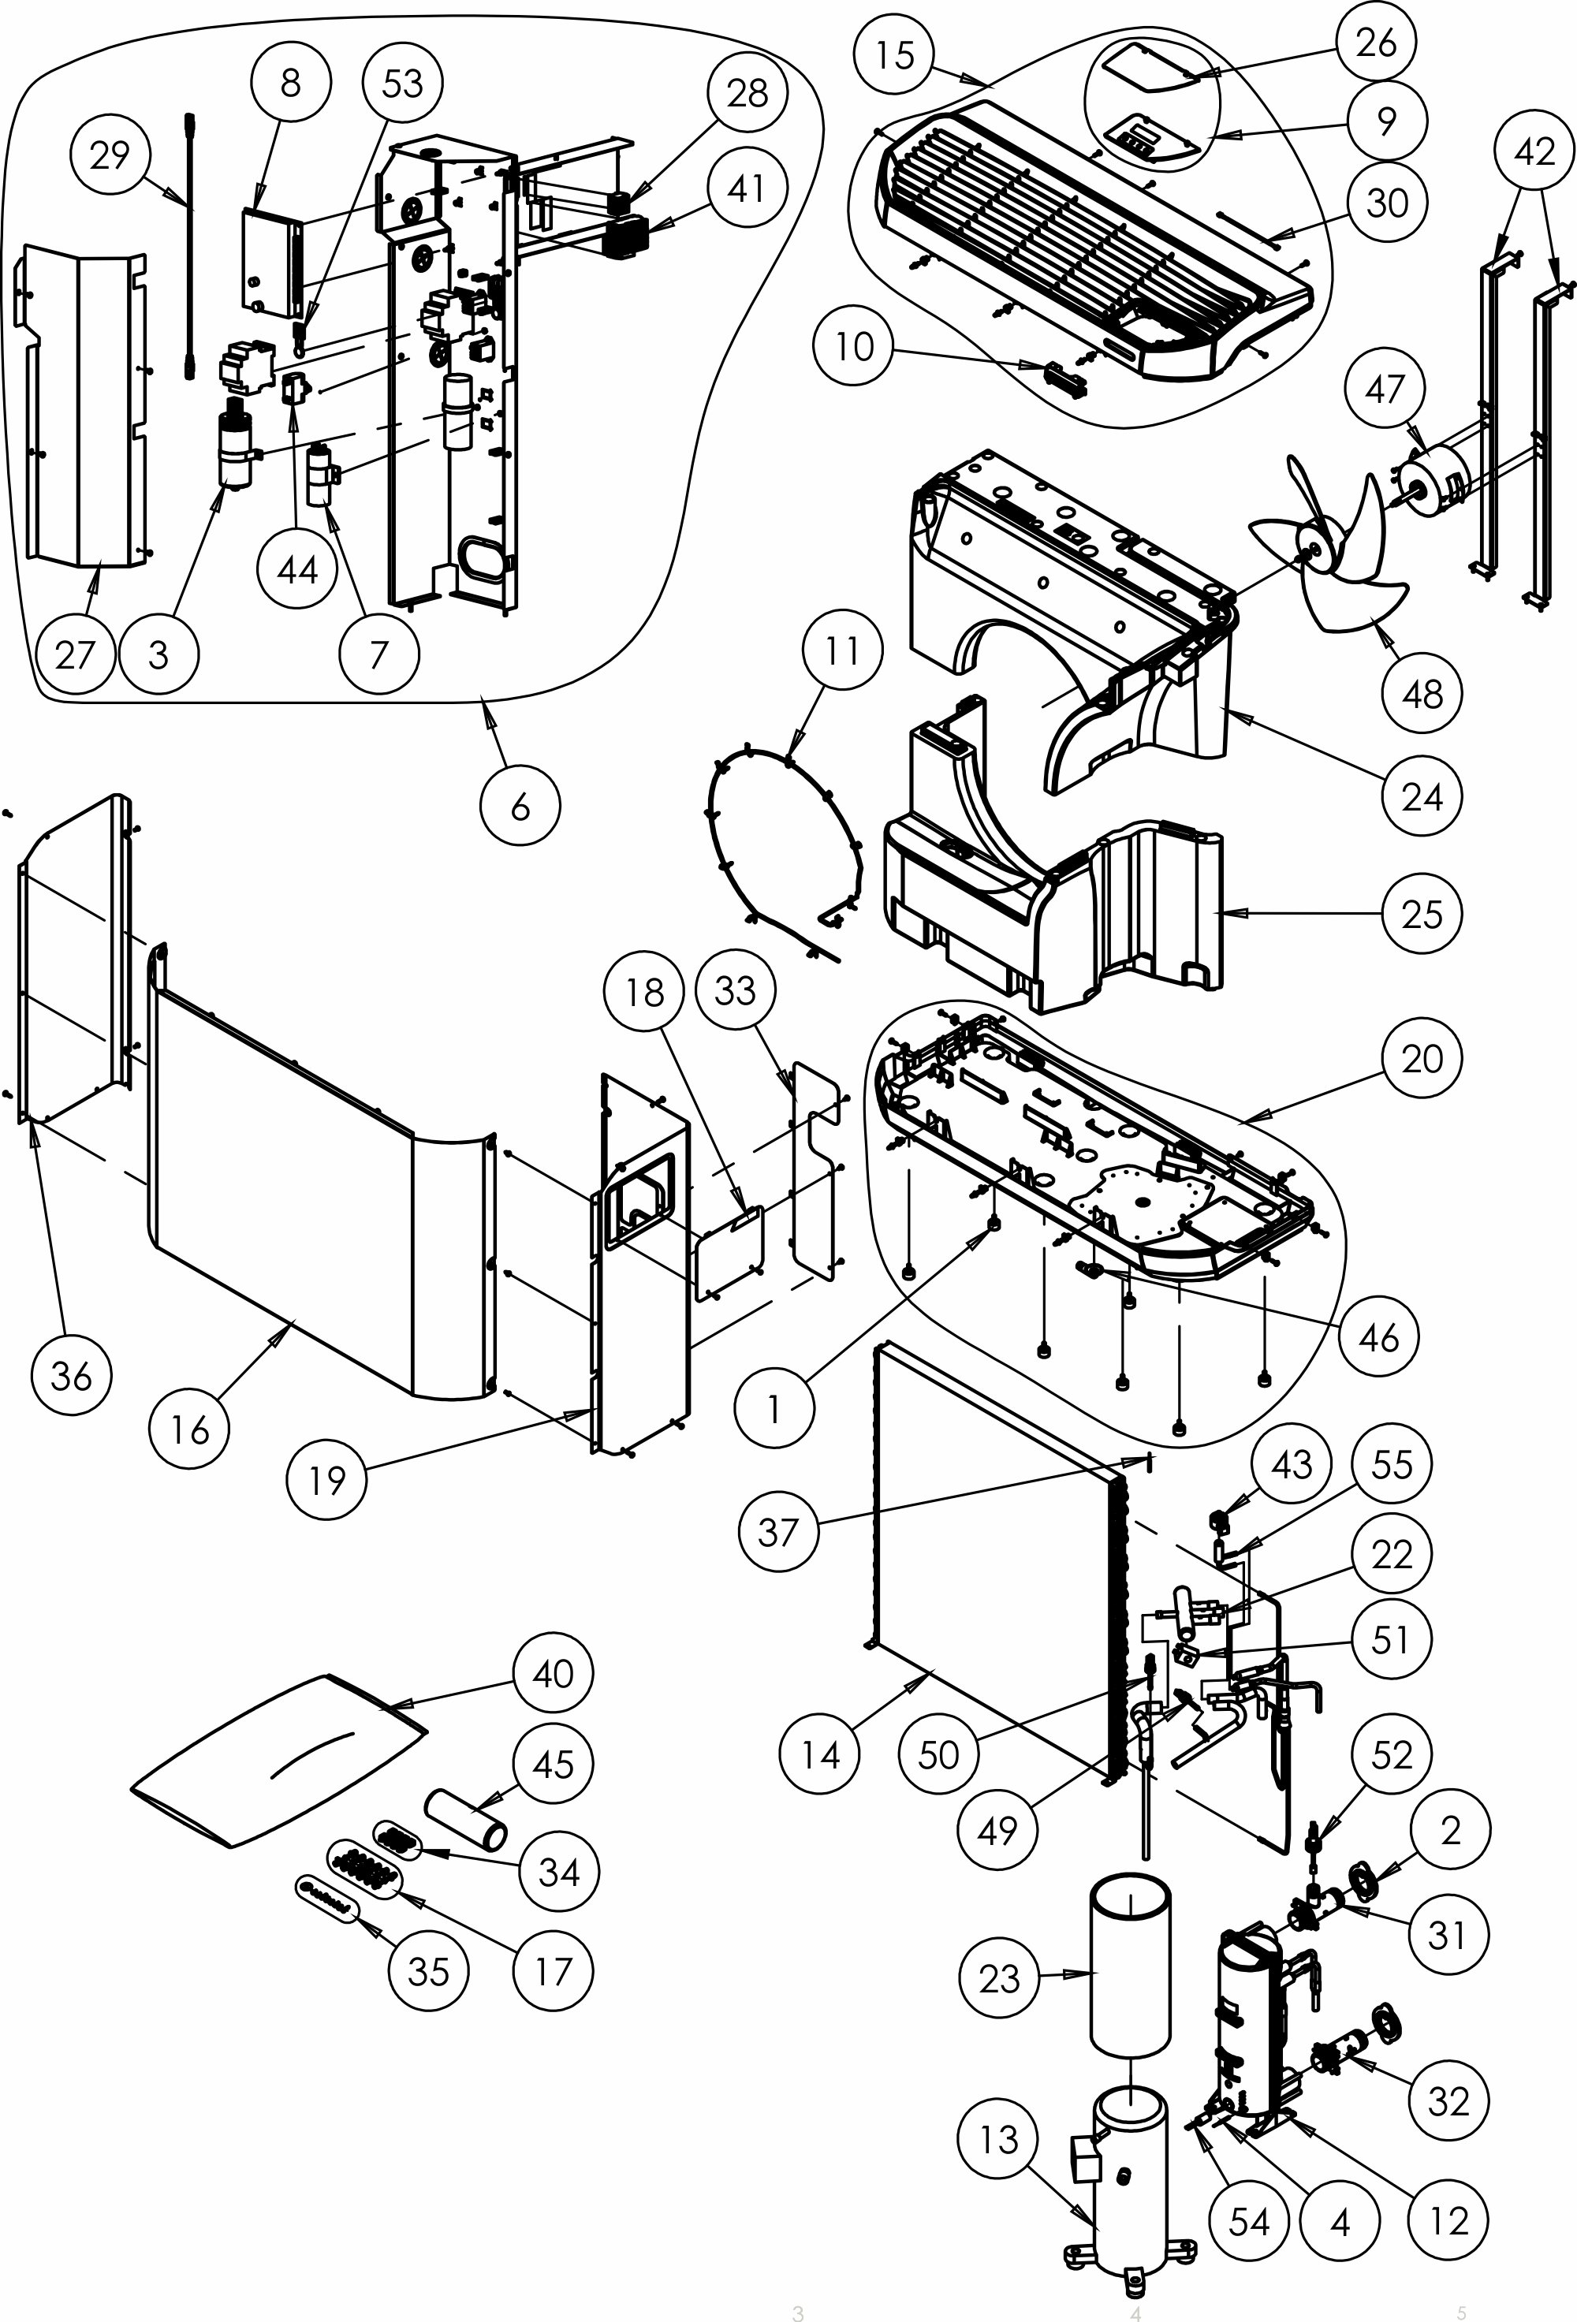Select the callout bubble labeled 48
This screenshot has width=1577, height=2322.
click(x=1422, y=693)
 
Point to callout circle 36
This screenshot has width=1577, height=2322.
click(x=71, y=1375)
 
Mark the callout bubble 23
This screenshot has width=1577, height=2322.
click(x=998, y=1977)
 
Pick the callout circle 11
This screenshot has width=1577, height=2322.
click(x=841, y=650)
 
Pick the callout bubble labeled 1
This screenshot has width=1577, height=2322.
click(x=773, y=1408)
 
